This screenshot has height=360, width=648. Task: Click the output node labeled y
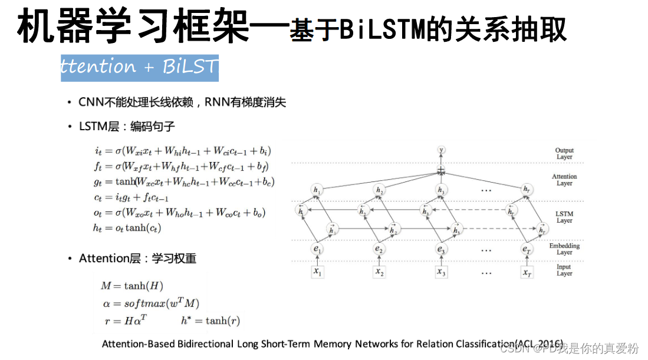(x=441, y=150)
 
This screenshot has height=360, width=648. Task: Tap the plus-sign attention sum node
(x=441, y=171)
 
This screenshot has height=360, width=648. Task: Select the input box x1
(x=317, y=272)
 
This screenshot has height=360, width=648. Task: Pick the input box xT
(x=527, y=272)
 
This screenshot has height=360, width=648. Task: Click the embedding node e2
(x=379, y=249)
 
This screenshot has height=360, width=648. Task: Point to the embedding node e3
(x=441, y=249)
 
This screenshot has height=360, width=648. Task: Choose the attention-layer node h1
(x=317, y=190)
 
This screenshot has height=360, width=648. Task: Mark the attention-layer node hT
(x=527, y=190)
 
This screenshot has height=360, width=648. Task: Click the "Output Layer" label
(x=564, y=154)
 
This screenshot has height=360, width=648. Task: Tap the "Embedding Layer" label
(x=564, y=249)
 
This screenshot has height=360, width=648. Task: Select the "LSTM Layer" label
(x=564, y=217)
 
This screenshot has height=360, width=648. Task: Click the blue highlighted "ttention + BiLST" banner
(x=139, y=67)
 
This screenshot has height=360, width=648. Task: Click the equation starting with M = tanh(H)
(x=131, y=286)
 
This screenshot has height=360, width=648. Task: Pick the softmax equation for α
(x=151, y=304)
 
